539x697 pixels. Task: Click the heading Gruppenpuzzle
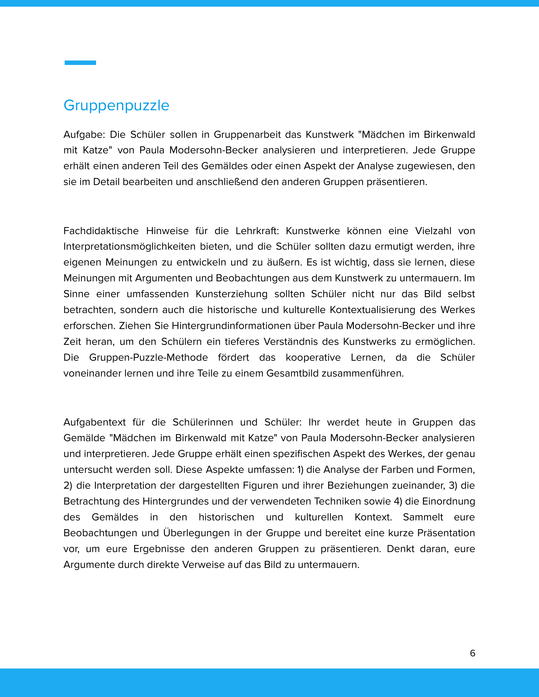(x=116, y=106)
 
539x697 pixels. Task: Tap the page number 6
(x=473, y=653)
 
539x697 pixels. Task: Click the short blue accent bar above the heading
(x=80, y=63)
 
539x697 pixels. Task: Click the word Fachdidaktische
(x=101, y=231)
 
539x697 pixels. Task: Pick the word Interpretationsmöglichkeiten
(x=129, y=247)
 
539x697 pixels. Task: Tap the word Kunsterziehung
(x=231, y=294)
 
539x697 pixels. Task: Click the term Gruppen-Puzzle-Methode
(x=148, y=357)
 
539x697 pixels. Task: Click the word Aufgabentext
(x=94, y=422)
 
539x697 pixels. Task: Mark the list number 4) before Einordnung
(x=398, y=502)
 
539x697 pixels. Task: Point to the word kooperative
(x=313, y=357)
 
